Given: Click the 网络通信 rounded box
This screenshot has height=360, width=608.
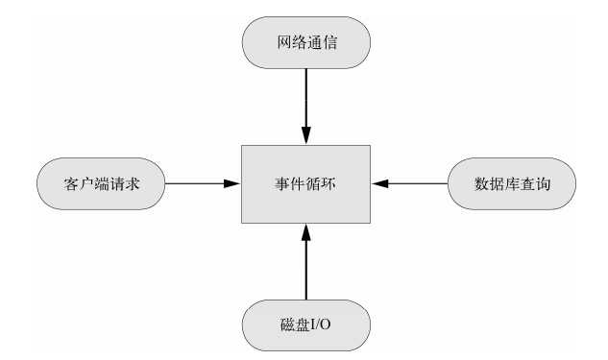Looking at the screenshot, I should tap(304, 44).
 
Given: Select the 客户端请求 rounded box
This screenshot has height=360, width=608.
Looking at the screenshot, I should tap(100, 181).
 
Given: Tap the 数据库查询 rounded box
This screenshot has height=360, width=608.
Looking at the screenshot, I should tap(512, 181).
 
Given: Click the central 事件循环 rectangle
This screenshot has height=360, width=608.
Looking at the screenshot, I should tap(304, 181).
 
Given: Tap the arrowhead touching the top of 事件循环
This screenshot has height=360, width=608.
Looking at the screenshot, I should tap(304, 136).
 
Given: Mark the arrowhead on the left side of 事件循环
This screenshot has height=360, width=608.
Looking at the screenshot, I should tap(231, 181).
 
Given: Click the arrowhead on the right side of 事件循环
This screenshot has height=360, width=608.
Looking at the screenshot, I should tap(380, 181).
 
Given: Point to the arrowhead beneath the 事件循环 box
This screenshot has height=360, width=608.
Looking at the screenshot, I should tap(304, 228).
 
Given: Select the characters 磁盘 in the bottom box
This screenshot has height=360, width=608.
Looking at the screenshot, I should tap(289, 325).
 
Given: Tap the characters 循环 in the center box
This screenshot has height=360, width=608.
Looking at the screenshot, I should tap(320, 181).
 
